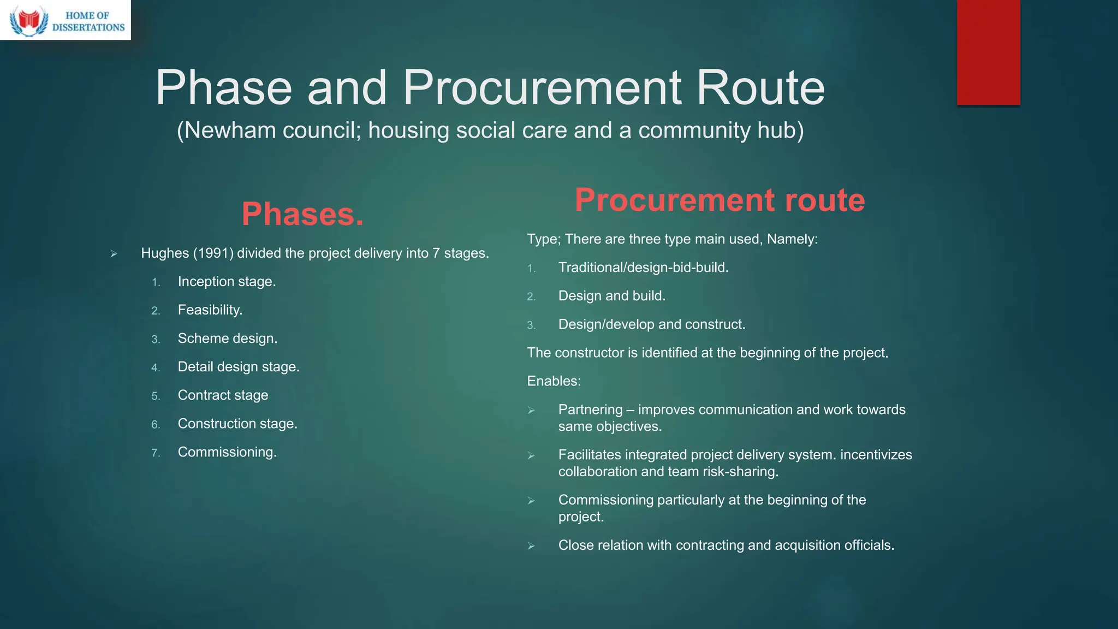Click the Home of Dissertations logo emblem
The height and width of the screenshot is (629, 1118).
pyautogui.click(x=29, y=21)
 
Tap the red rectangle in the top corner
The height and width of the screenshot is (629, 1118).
pyautogui.click(x=988, y=52)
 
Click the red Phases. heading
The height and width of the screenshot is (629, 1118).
pyautogui.click(x=302, y=214)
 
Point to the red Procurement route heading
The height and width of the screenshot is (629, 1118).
pyautogui.click(x=719, y=200)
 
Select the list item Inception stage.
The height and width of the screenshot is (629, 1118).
pyautogui.click(x=227, y=282)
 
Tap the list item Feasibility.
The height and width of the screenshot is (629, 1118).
pyautogui.click(x=210, y=310)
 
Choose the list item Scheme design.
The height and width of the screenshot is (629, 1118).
pyautogui.click(x=228, y=339)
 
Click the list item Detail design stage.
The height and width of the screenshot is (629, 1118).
pyautogui.click(x=239, y=367)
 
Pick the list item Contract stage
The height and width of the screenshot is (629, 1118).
pyautogui.click(x=223, y=395)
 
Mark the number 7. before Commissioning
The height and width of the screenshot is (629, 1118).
pyautogui.click(x=156, y=453)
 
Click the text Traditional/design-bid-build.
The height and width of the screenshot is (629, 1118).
pyautogui.click(x=643, y=268)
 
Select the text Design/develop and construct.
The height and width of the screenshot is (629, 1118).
pyautogui.click(x=651, y=324)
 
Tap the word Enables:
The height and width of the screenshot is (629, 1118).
pyautogui.click(x=554, y=381)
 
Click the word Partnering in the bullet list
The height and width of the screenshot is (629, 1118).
pyautogui.click(x=590, y=410)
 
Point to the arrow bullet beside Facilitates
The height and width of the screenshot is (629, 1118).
pyautogui.click(x=531, y=455)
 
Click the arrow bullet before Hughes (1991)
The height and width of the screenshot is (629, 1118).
pyautogui.click(x=114, y=254)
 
